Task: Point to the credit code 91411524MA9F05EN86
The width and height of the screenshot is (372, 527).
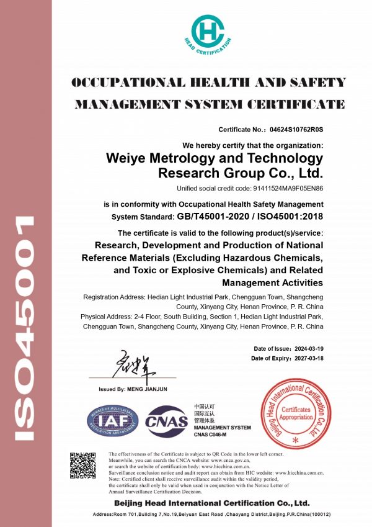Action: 285,188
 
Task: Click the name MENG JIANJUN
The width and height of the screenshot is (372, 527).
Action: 147,389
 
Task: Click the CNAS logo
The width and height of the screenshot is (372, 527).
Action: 166,423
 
